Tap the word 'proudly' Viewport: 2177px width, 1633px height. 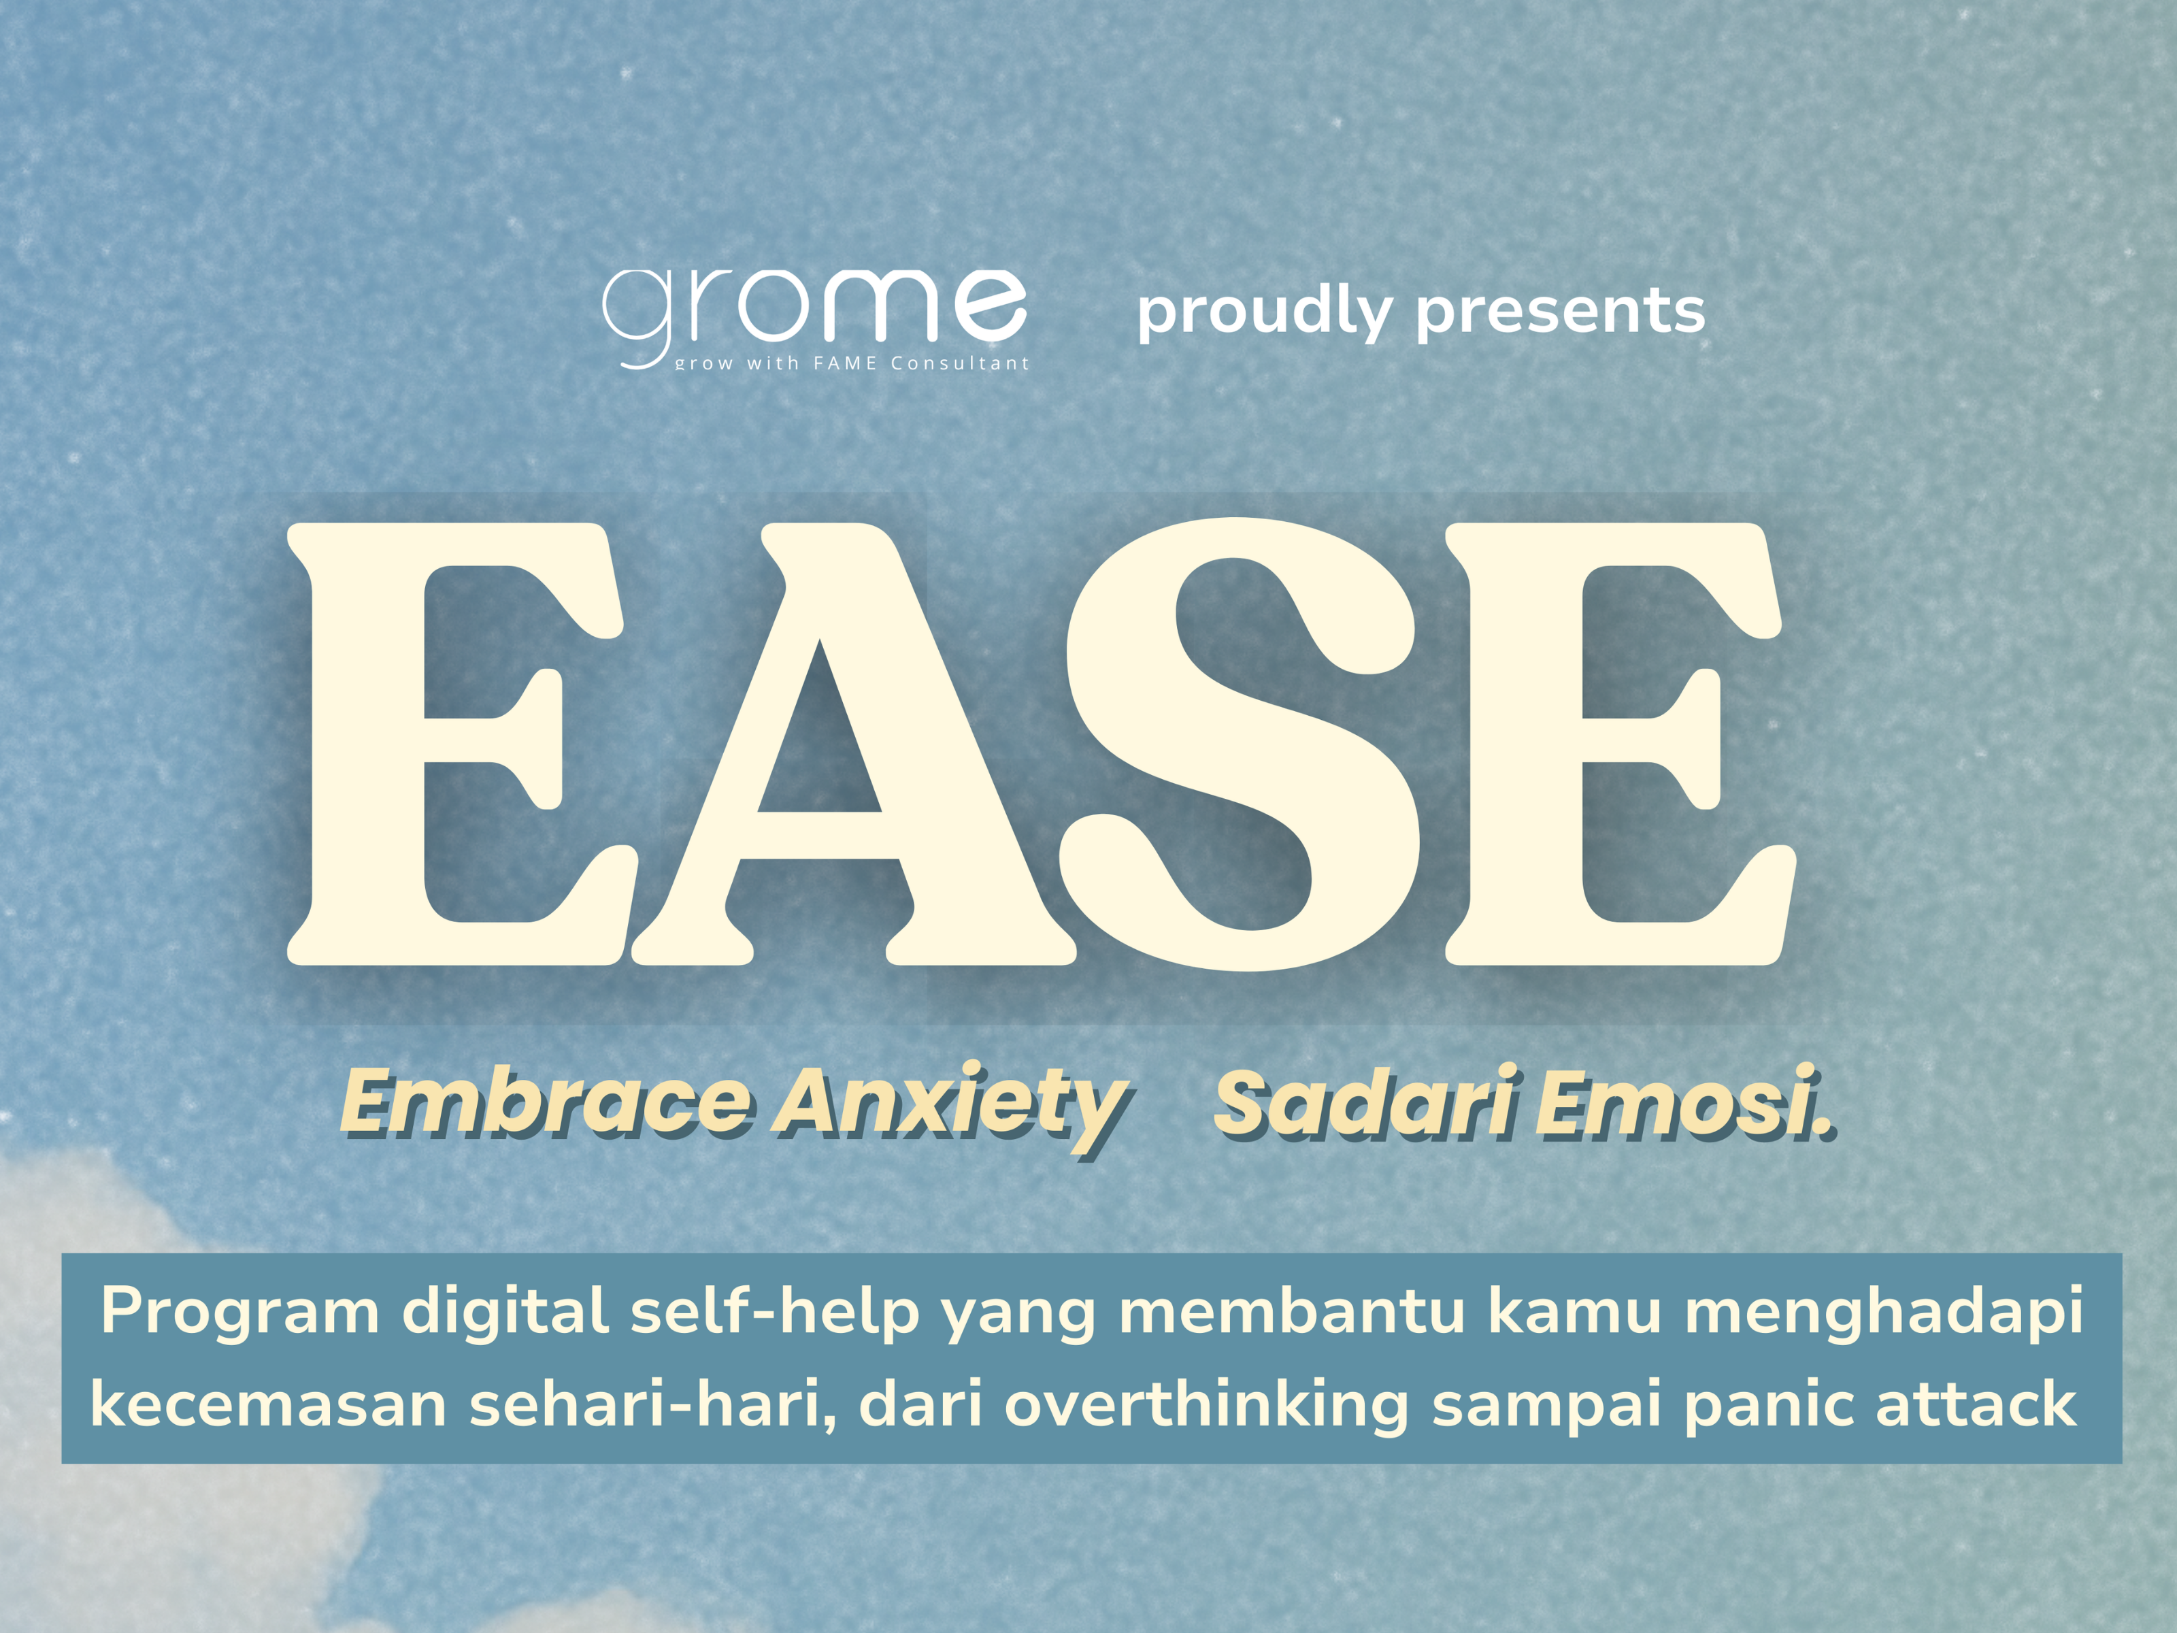click(x=1265, y=313)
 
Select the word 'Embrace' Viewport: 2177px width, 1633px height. click(x=547, y=1102)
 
